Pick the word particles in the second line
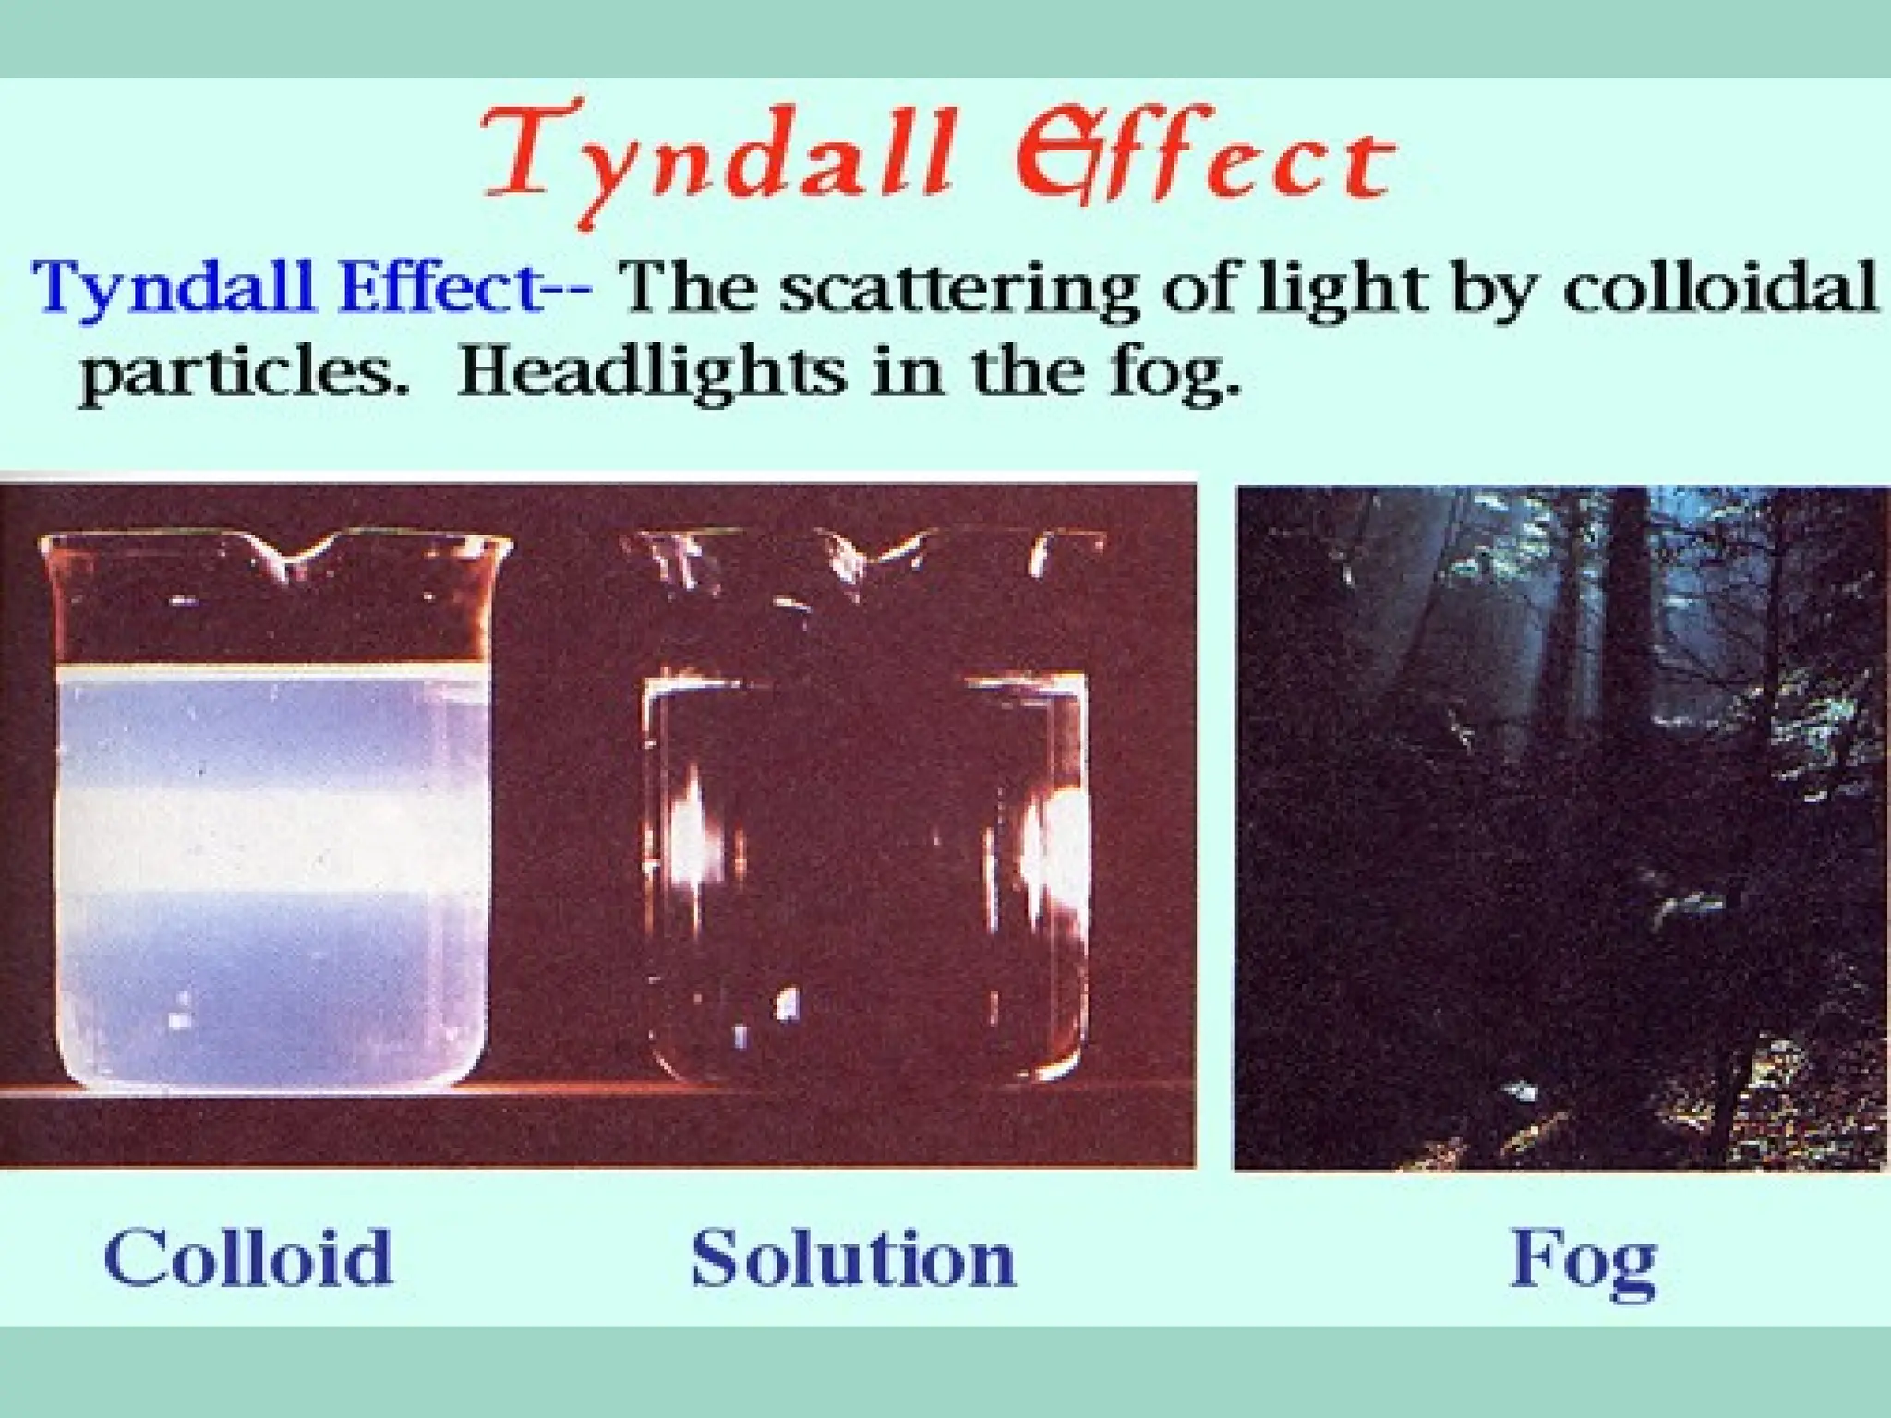pyautogui.click(x=244, y=374)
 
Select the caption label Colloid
pyautogui.click(x=248, y=1256)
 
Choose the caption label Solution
pyautogui.click(x=853, y=1257)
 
